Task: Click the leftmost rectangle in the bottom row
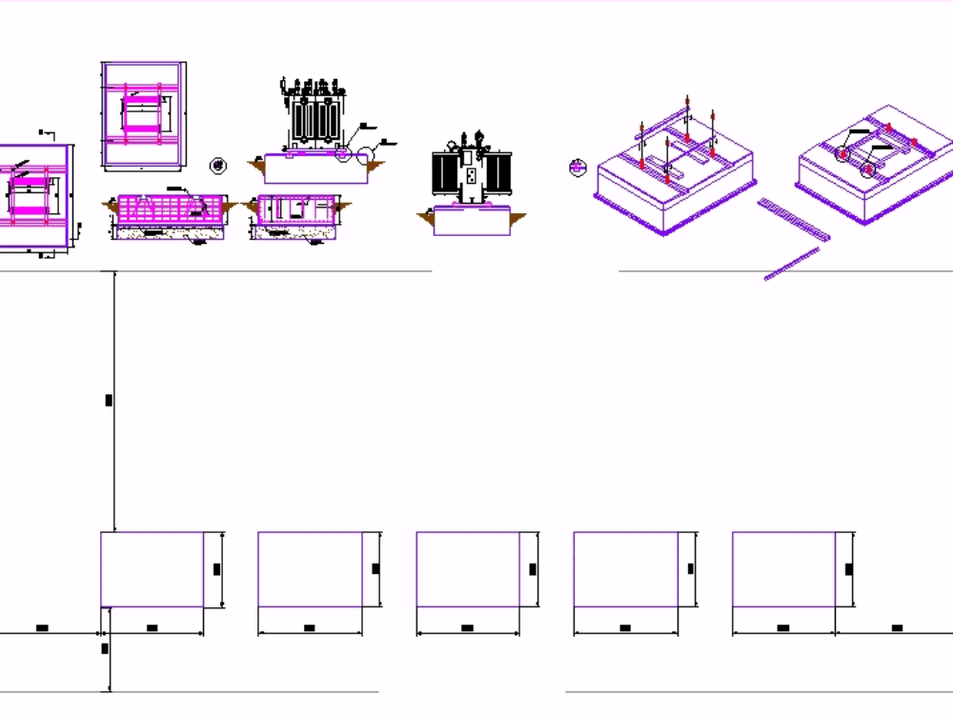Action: tap(152, 569)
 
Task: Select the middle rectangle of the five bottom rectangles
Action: tap(468, 569)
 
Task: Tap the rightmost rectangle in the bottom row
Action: tap(783, 569)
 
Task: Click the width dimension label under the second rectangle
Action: tap(309, 628)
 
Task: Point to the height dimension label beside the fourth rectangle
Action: tap(690, 569)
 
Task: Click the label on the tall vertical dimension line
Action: tap(109, 400)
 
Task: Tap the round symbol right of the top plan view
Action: tap(218, 166)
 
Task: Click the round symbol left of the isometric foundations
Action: tap(577, 168)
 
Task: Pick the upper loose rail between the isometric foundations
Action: tap(794, 218)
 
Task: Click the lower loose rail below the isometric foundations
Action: tap(792, 264)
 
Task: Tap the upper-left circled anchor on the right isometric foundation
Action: tap(843, 153)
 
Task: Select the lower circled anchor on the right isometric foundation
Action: tap(868, 171)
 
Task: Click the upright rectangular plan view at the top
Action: tap(143, 114)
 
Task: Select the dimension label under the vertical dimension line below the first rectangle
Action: tap(105, 648)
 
